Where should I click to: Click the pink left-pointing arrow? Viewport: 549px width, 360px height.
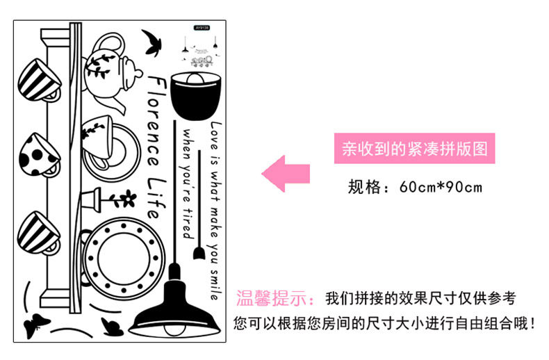(x=285, y=169)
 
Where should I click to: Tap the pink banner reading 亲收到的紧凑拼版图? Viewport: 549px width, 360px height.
(x=414, y=149)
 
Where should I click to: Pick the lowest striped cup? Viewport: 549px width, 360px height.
(x=38, y=231)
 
